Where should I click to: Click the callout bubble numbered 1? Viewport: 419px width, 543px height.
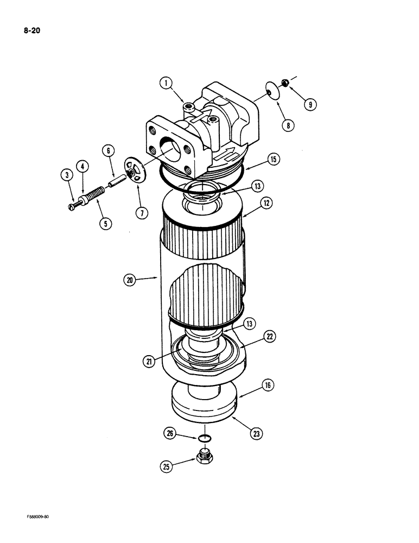click(x=166, y=83)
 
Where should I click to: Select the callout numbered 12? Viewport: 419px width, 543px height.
click(x=266, y=203)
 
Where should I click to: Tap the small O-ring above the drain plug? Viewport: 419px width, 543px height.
click(x=204, y=439)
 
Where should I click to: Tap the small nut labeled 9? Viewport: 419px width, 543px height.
click(x=285, y=83)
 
